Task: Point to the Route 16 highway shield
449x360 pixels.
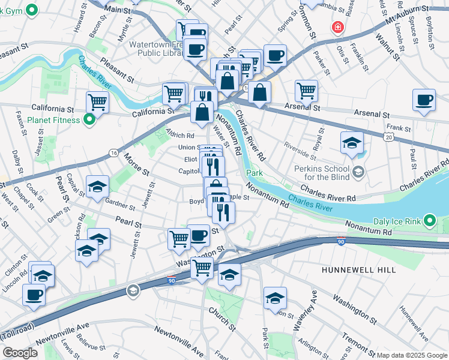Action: coord(113,154)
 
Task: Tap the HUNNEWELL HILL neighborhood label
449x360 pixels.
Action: coord(358,270)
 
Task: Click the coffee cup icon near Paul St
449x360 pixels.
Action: coord(424,100)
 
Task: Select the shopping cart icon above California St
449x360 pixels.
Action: coord(97,102)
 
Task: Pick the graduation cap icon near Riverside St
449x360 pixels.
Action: coord(352,143)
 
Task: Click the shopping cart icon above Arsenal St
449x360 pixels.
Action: coord(306,91)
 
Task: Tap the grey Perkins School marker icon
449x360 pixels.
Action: coord(358,173)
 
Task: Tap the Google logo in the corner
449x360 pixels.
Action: coord(19,353)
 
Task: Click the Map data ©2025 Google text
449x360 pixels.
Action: coord(412,355)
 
